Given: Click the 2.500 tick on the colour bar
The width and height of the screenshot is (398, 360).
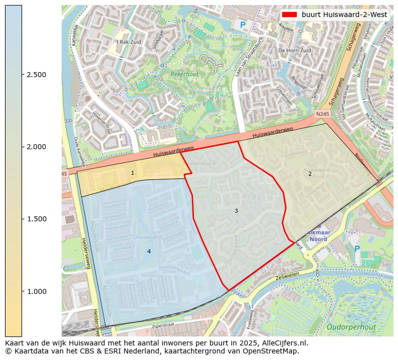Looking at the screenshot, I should pyautogui.click(x=23, y=75).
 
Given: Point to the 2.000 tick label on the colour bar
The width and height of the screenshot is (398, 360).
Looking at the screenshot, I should pyautogui.click(x=36, y=147).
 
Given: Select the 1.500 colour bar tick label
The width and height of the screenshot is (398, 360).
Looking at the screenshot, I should pyautogui.click(x=36, y=219).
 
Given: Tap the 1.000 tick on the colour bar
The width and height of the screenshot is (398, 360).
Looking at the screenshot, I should pyautogui.click(x=23, y=291).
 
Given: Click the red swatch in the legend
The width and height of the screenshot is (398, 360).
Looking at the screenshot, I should pyautogui.click(x=290, y=15).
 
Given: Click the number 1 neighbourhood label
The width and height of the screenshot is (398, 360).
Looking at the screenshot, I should pyautogui.click(x=132, y=173).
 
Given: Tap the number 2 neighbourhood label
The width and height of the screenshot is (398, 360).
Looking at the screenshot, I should pyautogui.click(x=310, y=174).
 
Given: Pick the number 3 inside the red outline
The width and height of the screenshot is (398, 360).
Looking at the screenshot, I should pyautogui.click(x=236, y=211).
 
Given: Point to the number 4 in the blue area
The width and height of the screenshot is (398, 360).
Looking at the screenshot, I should pyautogui.click(x=149, y=251).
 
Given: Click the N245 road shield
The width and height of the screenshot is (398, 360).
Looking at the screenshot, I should pyautogui.click(x=322, y=115).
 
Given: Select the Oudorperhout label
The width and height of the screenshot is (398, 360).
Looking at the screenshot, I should pyautogui.click(x=351, y=327).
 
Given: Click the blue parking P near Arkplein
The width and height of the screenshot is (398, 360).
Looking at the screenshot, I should pyautogui.click(x=243, y=25).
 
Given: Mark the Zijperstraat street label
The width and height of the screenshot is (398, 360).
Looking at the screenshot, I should pyautogui.click(x=166, y=326).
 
